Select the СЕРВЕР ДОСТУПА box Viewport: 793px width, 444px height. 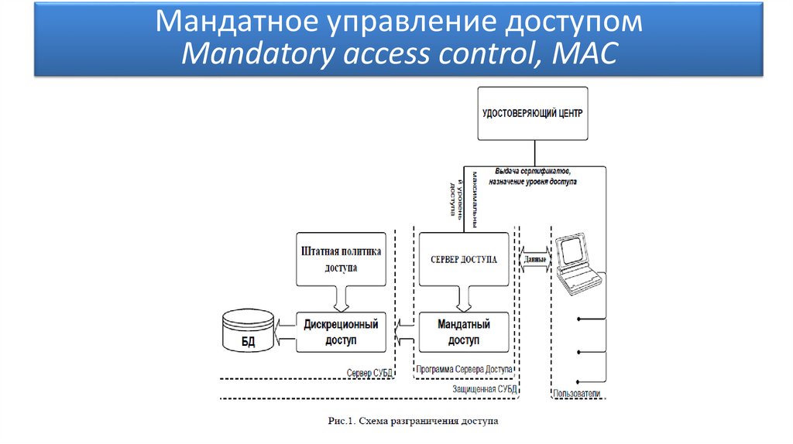463,258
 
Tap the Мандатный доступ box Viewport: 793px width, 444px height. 463,332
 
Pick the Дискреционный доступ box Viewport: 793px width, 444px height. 342,332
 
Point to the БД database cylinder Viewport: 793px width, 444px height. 247,330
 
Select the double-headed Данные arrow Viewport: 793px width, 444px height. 535,259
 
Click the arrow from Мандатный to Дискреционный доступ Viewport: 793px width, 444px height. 402,332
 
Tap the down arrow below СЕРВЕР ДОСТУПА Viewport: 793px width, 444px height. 463,297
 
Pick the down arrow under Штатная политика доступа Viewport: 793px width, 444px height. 342,297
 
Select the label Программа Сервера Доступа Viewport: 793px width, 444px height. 463,370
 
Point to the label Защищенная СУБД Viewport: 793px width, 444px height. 485,389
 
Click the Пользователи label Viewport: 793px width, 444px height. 576,394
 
